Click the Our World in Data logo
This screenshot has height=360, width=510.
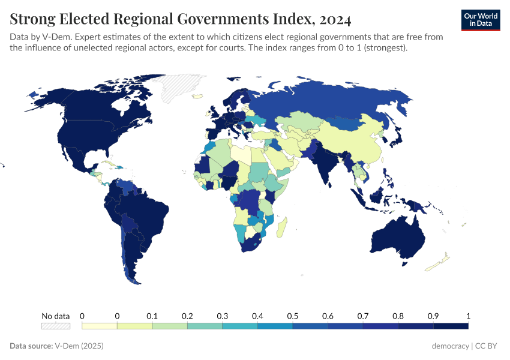pyautogui.click(x=480, y=20)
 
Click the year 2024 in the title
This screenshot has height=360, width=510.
pyautogui.click(x=335, y=20)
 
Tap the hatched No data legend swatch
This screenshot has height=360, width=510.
pyautogui.click(x=55, y=326)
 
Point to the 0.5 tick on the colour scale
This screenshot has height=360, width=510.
pyautogui.click(x=293, y=316)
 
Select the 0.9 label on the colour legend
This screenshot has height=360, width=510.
pyautogui.click(x=433, y=316)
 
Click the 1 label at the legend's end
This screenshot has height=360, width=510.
pyautogui.click(x=468, y=316)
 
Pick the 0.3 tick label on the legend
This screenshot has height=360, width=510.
pyautogui.click(x=223, y=316)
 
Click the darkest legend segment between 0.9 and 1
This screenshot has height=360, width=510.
pyautogui.click(x=451, y=326)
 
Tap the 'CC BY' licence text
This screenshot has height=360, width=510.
pyautogui.click(x=488, y=346)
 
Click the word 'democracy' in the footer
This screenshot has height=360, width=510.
pyautogui.click(x=451, y=346)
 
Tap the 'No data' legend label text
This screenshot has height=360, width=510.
pyautogui.click(x=55, y=316)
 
